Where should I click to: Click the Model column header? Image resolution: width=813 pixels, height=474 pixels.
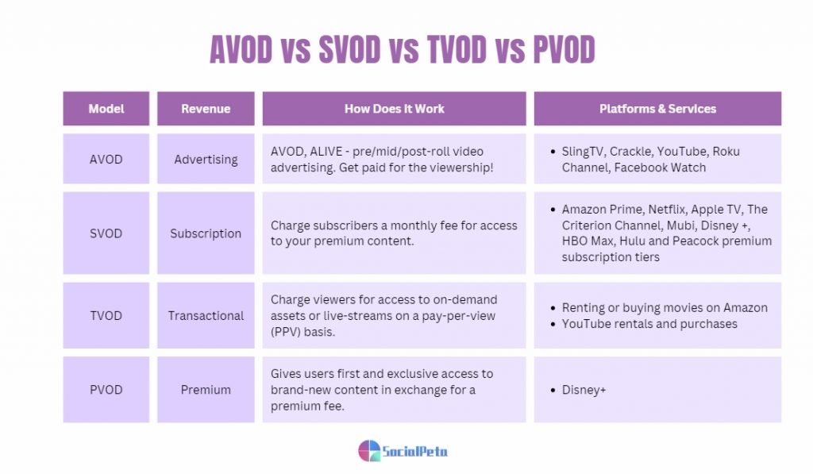(x=106, y=109)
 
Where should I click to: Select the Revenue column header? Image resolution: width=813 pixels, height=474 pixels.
(x=206, y=109)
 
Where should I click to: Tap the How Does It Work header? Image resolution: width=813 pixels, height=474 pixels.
(x=394, y=109)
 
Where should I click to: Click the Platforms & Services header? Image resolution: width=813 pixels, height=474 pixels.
(x=657, y=109)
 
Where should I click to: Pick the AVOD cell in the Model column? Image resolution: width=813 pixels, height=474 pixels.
(x=106, y=159)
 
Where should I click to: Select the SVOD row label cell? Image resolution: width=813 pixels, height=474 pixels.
(x=106, y=233)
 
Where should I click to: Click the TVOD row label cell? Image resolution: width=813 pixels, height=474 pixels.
(x=106, y=315)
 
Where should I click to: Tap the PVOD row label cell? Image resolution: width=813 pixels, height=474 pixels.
(x=106, y=390)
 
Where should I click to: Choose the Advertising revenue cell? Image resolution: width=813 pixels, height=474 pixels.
(x=206, y=159)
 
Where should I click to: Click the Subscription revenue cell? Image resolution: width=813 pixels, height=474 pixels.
(x=206, y=233)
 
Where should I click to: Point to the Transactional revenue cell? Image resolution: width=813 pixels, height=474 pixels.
(x=206, y=315)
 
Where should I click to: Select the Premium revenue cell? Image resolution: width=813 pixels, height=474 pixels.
(x=206, y=390)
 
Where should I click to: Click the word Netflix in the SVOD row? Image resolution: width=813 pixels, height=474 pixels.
(x=668, y=209)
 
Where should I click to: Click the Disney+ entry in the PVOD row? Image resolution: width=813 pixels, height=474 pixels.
(x=584, y=390)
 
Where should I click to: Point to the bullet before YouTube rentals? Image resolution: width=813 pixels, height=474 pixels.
(x=553, y=324)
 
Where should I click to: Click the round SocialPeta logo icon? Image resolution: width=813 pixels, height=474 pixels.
(x=369, y=451)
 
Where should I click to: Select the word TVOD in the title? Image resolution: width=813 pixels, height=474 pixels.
(x=457, y=50)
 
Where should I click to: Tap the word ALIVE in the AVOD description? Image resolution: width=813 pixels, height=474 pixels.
(x=326, y=152)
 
